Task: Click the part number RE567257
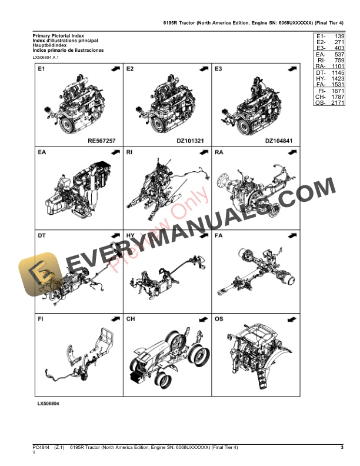click(x=100, y=141)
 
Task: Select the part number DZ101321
click(x=189, y=141)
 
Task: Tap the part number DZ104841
click(x=278, y=141)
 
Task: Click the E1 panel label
click(x=41, y=69)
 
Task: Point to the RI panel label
click(x=130, y=153)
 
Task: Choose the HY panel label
click(x=131, y=236)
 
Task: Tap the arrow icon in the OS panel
click(x=290, y=319)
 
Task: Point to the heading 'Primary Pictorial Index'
click(x=59, y=36)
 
